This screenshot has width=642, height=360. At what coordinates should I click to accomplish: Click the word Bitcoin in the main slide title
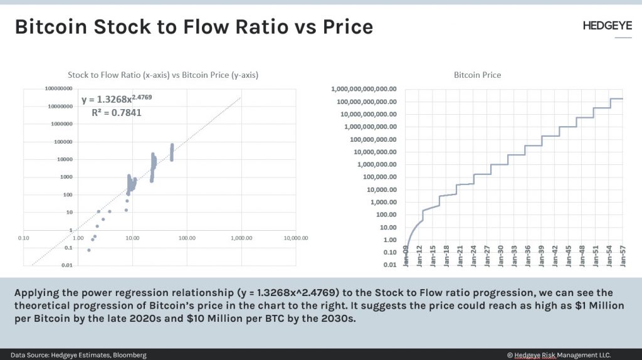[x=55, y=27]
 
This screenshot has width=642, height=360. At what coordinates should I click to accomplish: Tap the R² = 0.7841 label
[x=117, y=113]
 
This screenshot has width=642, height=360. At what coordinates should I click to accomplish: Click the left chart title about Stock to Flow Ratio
[x=163, y=75]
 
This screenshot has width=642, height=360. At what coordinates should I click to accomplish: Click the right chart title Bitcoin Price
[x=477, y=75]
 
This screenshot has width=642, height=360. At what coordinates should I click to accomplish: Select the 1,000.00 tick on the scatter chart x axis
[x=241, y=238]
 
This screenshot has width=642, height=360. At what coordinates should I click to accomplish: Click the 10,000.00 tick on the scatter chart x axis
[x=294, y=238]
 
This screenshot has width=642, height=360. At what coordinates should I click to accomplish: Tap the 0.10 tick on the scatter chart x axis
[x=24, y=238]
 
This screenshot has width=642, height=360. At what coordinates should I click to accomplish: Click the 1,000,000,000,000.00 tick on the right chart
[x=364, y=89]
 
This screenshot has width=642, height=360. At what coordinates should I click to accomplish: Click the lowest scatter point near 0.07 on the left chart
[x=89, y=250]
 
